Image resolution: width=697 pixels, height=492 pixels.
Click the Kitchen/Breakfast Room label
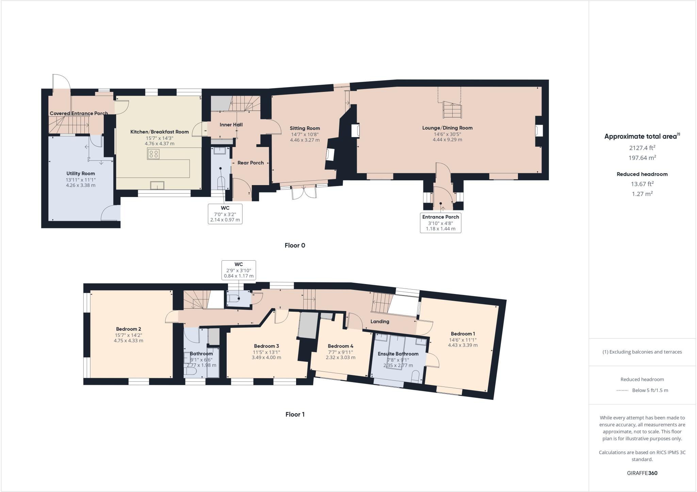pyautogui.click(x=159, y=132)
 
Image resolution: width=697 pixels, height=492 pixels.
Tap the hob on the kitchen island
pyautogui.click(x=153, y=154)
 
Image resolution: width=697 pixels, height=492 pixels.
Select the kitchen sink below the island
pyautogui.click(x=157, y=185)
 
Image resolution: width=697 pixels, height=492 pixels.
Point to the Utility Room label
pyautogui.click(x=81, y=174)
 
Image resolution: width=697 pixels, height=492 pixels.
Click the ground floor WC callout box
pyautogui.click(x=225, y=214)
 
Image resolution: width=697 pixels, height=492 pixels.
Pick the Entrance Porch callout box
pyautogui.click(x=440, y=223)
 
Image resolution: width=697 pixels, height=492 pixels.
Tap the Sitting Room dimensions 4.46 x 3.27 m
pyautogui.click(x=305, y=140)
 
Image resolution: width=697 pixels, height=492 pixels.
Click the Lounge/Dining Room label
pyautogui.click(x=447, y=128)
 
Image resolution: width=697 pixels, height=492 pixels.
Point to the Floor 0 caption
pyautogui.click(x=295, y=245)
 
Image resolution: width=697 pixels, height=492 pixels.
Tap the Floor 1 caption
pyautogui.click(x=295, y=414)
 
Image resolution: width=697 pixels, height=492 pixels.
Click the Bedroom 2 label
pyautogui.click(x=128, y=329)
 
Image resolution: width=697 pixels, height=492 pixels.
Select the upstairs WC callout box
pyautogui.click(x=239, y=270)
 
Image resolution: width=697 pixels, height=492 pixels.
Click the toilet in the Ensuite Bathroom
pyautogui.click(x=416, y=376)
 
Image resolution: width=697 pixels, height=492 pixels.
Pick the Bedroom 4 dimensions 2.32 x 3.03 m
pyautogui.click(x=340, y=358)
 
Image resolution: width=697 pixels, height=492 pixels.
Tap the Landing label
pyautogui.click(x=379, y=322)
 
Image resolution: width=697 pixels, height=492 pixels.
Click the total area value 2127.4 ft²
pyautogui.click(x=642, y=148)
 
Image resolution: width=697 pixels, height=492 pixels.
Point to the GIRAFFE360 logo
pyautogui.click(x=642, y=473)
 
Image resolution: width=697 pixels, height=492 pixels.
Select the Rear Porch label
pyautogui.click(x=250, y=163)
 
